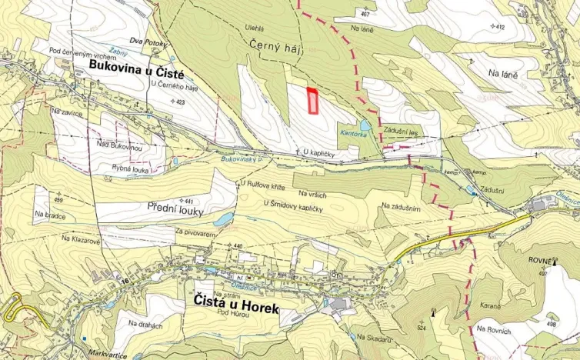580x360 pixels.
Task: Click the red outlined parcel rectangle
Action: coord(313,101)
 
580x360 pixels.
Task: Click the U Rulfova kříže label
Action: coord(265,184)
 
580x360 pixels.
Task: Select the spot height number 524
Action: coord(421,328)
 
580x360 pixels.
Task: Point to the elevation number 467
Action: coord(365,15)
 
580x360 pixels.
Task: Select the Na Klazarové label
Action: coord(75,240)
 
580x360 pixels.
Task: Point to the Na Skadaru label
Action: coord(375,337)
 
